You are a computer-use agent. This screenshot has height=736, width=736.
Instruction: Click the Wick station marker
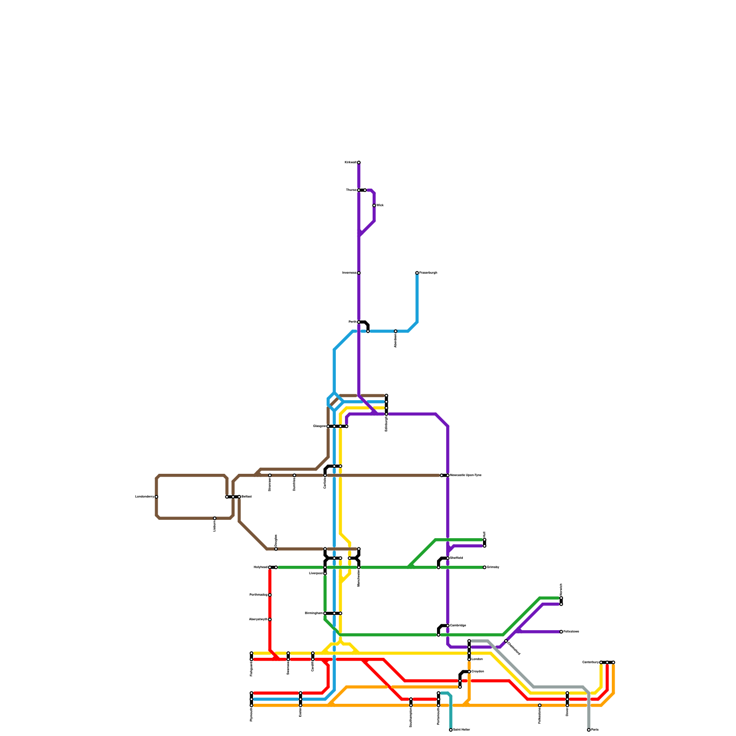tap(374, 206)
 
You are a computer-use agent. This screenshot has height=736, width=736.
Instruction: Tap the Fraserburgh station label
tap(428, 273)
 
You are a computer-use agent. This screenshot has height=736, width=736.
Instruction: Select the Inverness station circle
tap(359, 273)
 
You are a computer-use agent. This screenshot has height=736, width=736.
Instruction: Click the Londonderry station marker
tap(156, 497)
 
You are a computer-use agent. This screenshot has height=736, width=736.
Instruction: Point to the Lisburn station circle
tap(215, 518)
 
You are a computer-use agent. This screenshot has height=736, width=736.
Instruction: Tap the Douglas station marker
tap(276, 549)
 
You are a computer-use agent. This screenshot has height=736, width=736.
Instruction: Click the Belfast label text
tap(246, 497)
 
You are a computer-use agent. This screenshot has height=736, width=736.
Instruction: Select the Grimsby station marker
tap(484, 567)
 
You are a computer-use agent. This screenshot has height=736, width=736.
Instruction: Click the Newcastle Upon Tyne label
tap(466, 475)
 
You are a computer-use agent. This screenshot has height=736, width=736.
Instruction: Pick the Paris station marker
tap(589, 730)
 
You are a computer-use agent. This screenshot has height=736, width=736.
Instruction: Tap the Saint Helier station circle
tap(451, 730)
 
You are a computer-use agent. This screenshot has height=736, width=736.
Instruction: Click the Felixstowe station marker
tap(561, 632)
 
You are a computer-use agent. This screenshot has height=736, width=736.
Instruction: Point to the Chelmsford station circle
tap(506, 641)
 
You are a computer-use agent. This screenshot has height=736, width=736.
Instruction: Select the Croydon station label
tap(477, 672)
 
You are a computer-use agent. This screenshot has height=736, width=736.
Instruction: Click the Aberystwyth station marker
tap(270, 620)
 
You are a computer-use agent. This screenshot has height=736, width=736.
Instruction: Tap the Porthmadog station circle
tap(270, 595)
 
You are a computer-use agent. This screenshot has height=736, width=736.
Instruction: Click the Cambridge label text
tap(458, 626)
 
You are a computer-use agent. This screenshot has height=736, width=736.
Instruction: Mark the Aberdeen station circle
tap(396, 331)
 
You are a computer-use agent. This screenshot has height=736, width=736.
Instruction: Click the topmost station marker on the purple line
tap(359, 162)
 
